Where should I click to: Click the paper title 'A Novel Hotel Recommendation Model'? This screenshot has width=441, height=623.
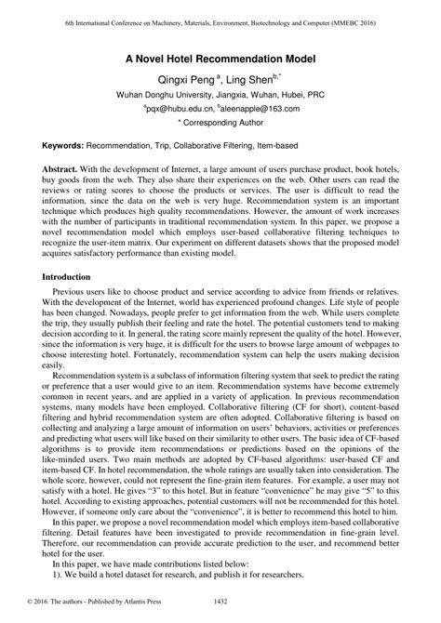tap(220, 58)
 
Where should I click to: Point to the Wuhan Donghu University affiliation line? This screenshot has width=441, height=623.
tap(220, 95)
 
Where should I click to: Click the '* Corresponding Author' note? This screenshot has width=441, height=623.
tap(220, 123)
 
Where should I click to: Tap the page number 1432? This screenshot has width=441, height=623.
tap(220, 615)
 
